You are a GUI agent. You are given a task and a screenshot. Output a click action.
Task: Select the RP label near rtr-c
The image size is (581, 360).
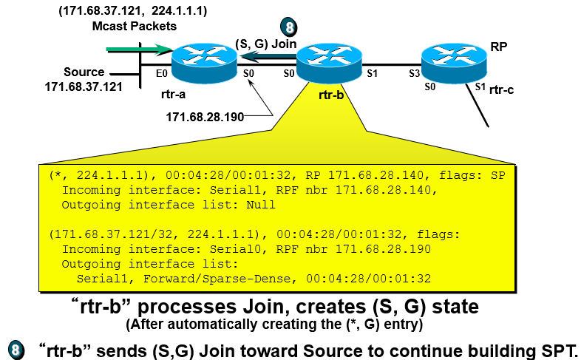click(499, 45)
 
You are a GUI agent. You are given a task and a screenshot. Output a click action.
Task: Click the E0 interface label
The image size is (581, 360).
click(162, 74)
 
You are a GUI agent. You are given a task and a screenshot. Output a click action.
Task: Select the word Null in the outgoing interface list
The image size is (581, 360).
click(260, 205)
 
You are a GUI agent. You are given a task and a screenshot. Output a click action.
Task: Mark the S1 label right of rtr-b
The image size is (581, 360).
click(372, 74)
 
